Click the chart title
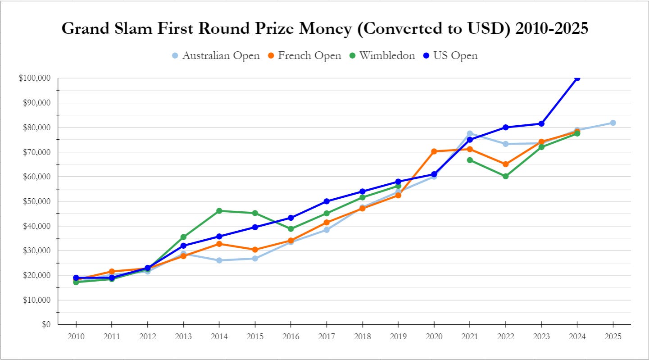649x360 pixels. (325, 28)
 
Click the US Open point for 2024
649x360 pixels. (577, 78)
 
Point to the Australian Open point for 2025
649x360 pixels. (613, 123)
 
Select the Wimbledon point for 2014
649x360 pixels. (219, 211)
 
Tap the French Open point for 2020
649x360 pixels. (434, 151)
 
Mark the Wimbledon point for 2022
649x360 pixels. (505, 176)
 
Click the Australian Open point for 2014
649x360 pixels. (219, 260)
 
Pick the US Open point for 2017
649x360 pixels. (327, 201)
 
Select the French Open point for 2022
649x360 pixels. (505, 164)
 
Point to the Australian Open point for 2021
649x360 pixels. (470, 134)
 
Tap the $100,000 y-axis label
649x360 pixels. (36, 78)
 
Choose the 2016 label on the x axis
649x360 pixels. (290, 337)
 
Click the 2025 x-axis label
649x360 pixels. (613, 337)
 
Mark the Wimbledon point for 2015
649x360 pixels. (255, 213)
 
